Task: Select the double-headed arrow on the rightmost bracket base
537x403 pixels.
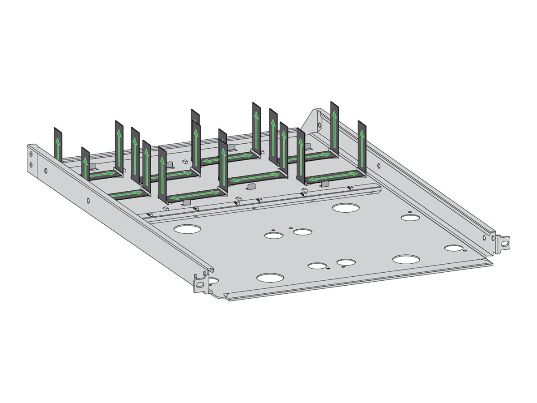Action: point(333,176)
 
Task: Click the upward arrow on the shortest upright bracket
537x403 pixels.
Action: point(85,163)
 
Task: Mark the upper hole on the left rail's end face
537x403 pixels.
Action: point(31,154)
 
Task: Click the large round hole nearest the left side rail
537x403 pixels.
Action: point(188,229)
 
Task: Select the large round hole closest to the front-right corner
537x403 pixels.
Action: point(406,259)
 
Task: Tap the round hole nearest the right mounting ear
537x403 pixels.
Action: point(453,248)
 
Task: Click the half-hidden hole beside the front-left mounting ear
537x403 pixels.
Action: point(213,281)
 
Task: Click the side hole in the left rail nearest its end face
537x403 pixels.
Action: point(45,170)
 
